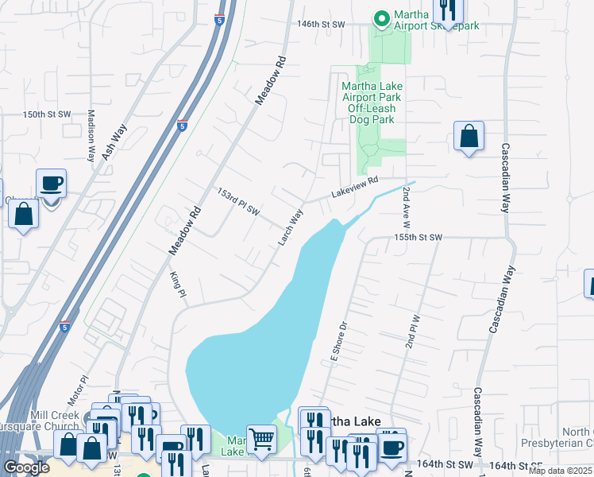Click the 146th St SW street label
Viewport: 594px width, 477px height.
(x=321, y=25)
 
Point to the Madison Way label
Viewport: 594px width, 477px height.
(x=91, y=136)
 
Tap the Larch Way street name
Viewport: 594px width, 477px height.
(x=291, y=227)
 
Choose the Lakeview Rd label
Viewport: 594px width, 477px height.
(x=354, y=188)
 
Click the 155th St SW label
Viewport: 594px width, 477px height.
(x=417, y=238)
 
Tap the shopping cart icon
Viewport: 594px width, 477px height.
(x=261, y=437)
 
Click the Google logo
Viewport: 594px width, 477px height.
(x=27, y=467)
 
